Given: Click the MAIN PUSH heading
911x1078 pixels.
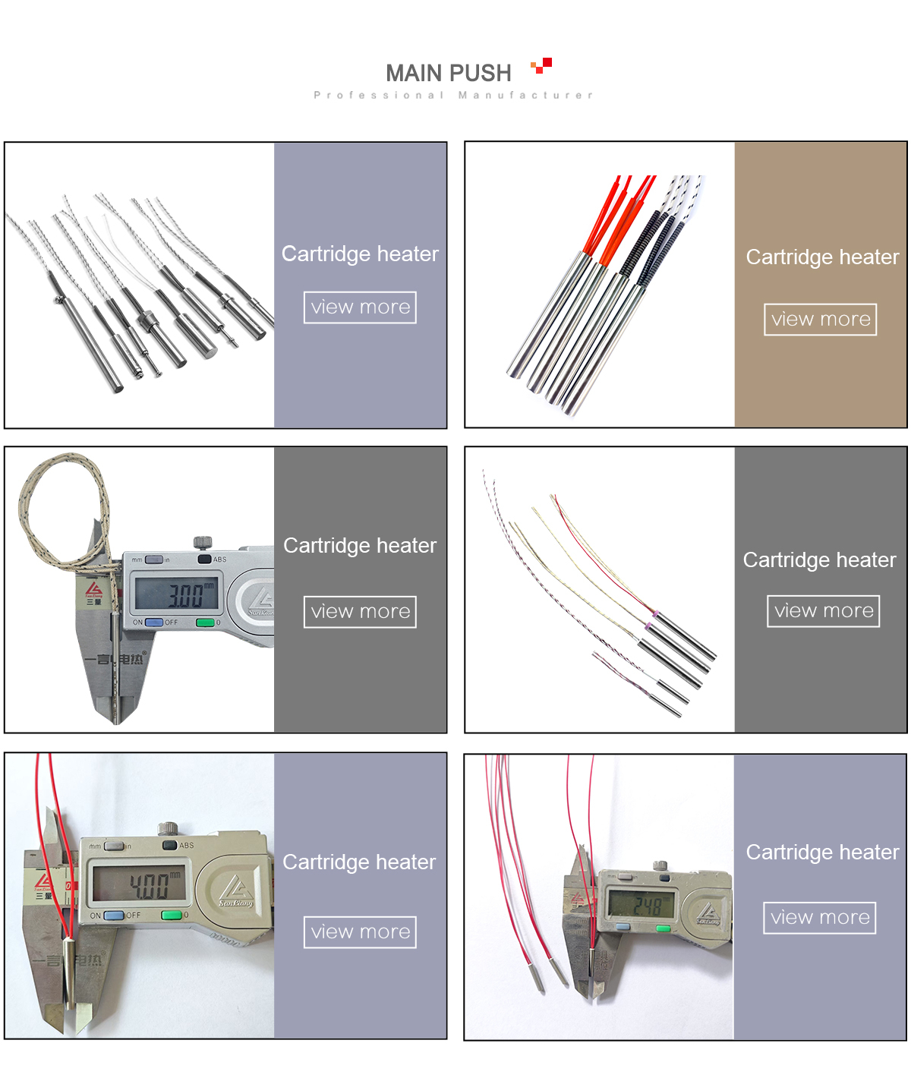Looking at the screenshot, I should click(x=448, y=73).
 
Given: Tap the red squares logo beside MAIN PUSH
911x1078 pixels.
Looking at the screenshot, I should click(x=541, y=65).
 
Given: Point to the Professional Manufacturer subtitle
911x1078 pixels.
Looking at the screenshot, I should click(x=453, y=95).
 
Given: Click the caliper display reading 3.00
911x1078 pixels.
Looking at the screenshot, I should click(x=177, y=593).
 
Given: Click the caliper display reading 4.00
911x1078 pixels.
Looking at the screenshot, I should click(x=138, y=884).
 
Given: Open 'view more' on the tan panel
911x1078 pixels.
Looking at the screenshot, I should click(x=820, y=319).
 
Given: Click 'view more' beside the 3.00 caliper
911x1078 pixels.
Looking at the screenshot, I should click(x=360, y=612).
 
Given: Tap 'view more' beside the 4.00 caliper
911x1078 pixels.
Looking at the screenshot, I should click(x=360, y=932).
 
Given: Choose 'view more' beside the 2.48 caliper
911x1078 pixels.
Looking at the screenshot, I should click(x=819, y=918).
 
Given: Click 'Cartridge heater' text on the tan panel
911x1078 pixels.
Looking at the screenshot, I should click(x=821, y=257).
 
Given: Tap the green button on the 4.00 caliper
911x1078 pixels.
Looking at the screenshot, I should click(x=172, y=915).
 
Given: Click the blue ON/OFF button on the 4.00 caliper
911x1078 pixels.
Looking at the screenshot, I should click(x=114, y=916).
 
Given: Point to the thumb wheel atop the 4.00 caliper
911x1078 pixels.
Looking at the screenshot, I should click(x=168, y=827).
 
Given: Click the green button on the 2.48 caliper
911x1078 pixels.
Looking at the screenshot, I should click(x=663, y=928).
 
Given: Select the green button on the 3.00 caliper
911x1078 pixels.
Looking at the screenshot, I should click(x=205, y=623).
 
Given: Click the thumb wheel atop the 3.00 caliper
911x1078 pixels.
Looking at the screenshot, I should click(x=202, y=542).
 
